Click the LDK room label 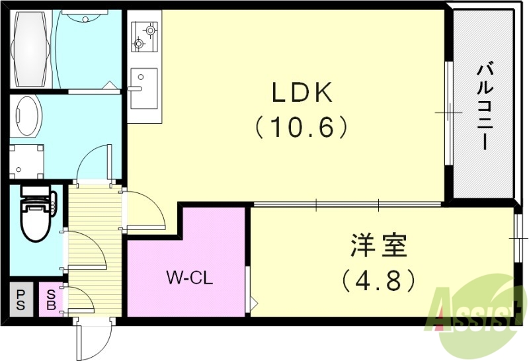(x=302, y=95)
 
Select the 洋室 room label (x=379, y=247)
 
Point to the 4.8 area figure (x=379, y=280)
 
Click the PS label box (x=21, y=300)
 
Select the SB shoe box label (x=50, y=300)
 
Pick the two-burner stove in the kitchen (x=144, y=36)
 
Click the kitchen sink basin (x=143, y=87)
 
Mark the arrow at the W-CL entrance (x=253, y=304)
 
